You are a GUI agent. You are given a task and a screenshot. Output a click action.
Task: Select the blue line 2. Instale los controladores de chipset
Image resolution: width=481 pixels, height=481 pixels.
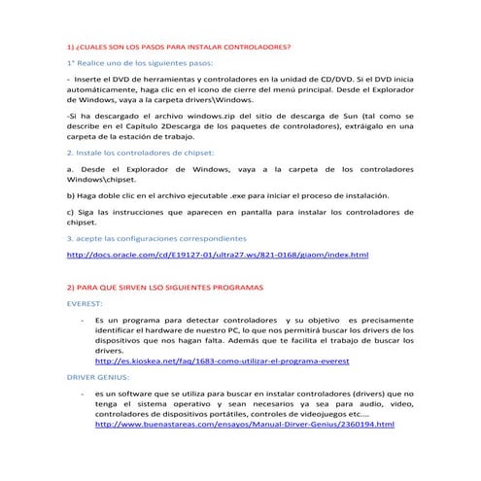click(140, 153)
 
